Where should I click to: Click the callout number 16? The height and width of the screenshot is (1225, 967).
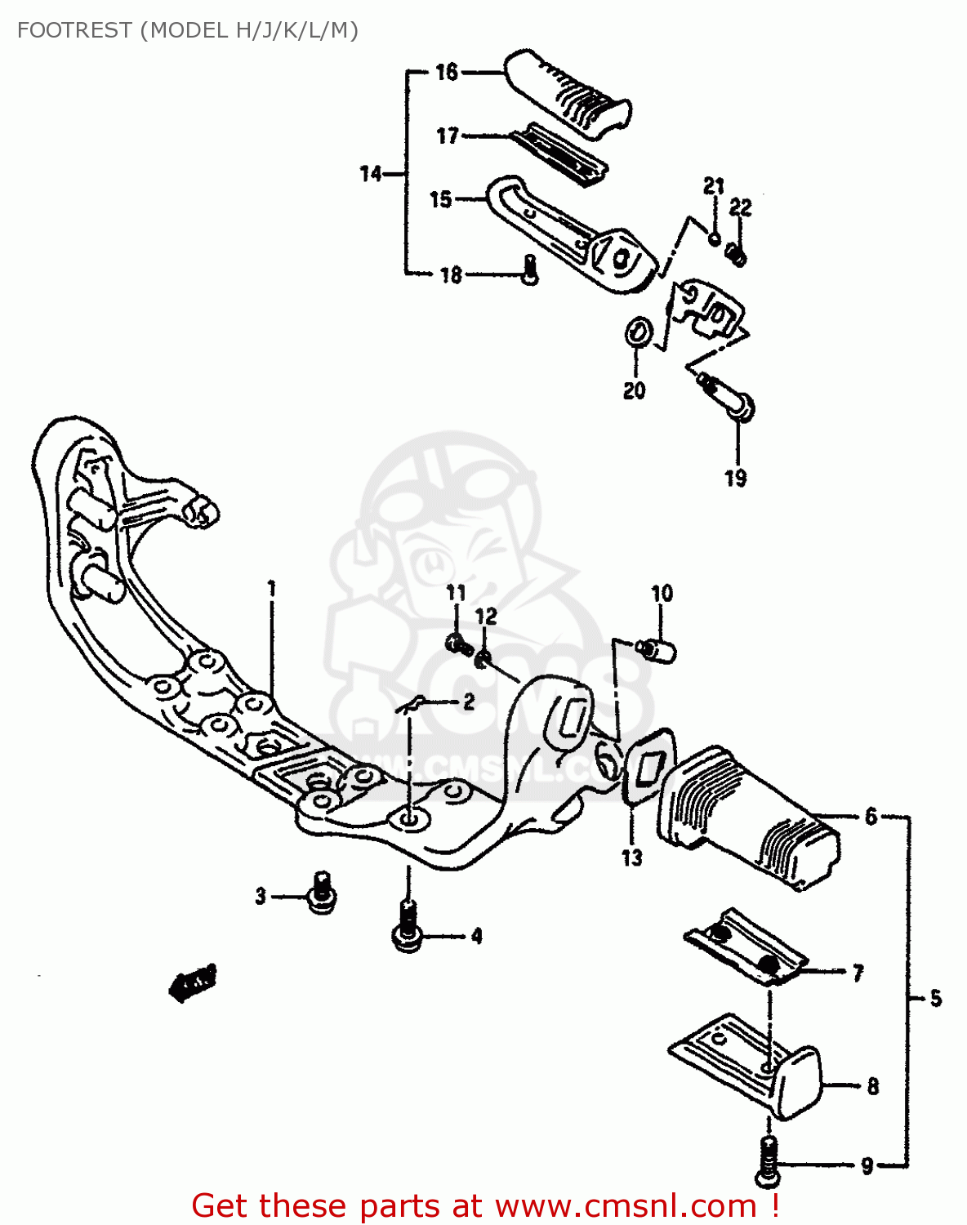click(x=447, y=73)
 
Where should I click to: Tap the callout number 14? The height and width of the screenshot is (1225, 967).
click(x=371, y=173)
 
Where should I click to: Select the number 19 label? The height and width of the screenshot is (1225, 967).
click(x=736, y=479)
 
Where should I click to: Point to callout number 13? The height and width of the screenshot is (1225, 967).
click(x=632, y=857)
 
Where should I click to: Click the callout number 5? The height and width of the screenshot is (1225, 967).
click(x=935, y=998)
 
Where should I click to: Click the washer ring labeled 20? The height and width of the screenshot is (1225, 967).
click(x=638, y=333)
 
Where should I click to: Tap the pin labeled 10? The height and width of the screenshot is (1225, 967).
click(x=657, y=651)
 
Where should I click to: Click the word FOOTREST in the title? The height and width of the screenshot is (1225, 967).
click(x=74, y=30)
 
